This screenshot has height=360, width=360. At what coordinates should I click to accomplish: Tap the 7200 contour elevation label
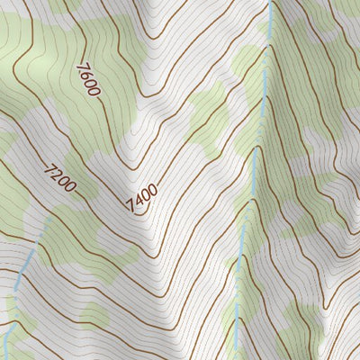(60, 177)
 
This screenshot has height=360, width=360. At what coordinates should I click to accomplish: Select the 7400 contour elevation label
(143, 199)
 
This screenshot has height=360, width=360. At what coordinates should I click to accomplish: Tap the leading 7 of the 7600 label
(83, 68)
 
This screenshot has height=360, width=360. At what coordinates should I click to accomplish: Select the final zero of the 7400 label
(153, 190)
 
